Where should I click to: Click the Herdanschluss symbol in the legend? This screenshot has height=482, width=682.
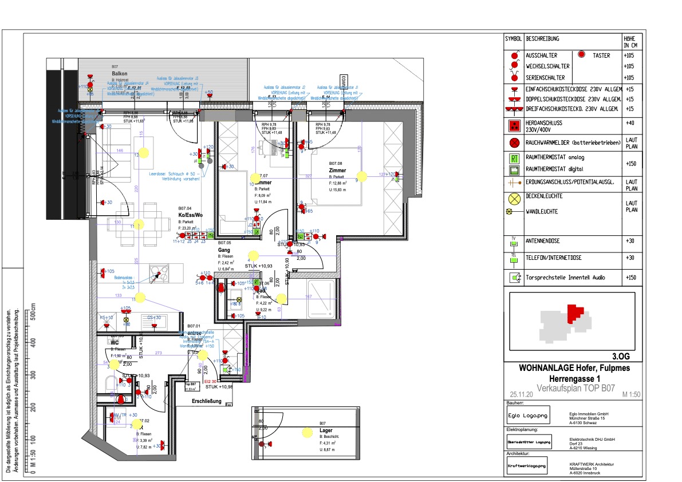tap(514, 125)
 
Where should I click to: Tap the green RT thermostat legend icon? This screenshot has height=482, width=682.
tap(514, 158)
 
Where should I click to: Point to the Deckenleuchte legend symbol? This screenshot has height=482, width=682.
tap(514, 199)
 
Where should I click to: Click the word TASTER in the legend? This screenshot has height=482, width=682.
tap(601, 56)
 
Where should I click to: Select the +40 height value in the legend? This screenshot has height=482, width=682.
tap(630, 123)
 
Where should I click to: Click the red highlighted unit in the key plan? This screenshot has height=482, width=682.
tap(574, 313)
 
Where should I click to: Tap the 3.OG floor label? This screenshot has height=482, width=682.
tap(622, 355)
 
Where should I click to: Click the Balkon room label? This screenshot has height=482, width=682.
tap(119, 74)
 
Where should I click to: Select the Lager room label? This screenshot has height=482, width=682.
tap(326, 430)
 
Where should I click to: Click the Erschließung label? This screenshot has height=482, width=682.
tap(207, 401)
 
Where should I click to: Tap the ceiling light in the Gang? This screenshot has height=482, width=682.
tap(253, 256)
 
